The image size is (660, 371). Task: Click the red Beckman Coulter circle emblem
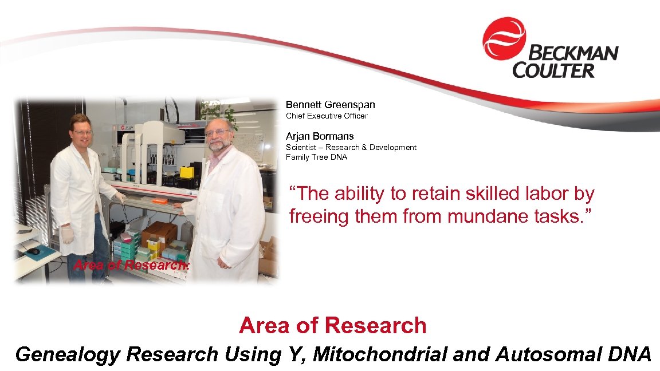(x=504, y=39)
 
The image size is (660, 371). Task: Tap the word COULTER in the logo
(x=553, y=70)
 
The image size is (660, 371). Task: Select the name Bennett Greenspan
(x=330, y=105)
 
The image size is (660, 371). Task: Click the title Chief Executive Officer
(x=327, y=116)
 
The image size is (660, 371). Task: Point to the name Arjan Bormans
(x=320, y=136)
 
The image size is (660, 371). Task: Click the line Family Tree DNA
(x=316, y=157)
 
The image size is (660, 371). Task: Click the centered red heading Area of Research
(x=332, y=325)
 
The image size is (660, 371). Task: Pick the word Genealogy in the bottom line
(x=68, y=354)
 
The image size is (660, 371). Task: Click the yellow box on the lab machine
(x=186, y=172)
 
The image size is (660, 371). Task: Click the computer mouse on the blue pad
(x=34, y=251)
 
